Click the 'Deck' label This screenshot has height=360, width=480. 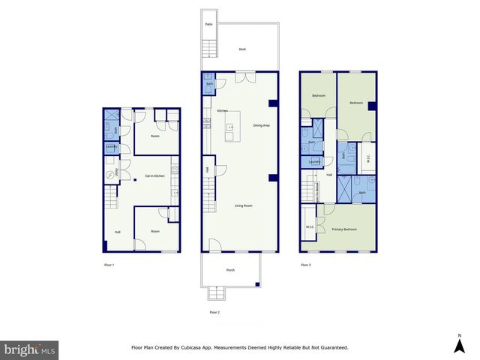point(242,49)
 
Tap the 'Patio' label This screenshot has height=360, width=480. point(208,25)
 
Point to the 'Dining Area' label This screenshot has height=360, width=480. point(262,125)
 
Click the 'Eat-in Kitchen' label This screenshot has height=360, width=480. point(154,176)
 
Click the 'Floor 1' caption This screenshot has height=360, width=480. point(109,265)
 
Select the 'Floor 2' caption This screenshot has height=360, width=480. point(214,312)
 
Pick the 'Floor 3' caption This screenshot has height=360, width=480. point(305,265)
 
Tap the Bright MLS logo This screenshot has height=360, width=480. point(29,349)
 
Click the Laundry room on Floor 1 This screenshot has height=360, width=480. point(111,147)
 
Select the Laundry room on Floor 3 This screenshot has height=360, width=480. point(315,162)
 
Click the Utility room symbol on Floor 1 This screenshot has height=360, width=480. point(110,173)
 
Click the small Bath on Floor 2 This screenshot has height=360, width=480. point(208,85)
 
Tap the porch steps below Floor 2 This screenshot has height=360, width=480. point(216,293)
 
